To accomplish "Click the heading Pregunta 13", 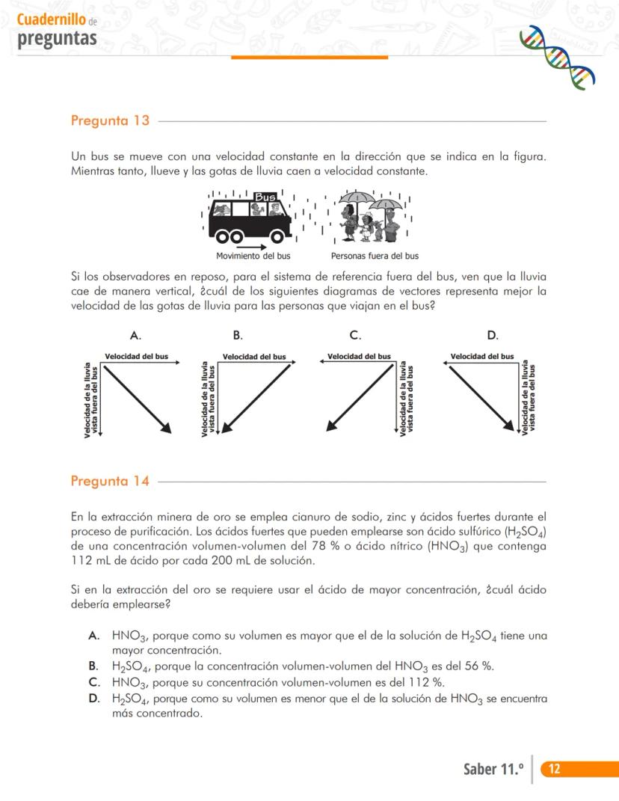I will click(110, 120).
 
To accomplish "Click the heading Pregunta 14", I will click(110, 481).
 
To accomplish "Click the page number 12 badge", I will click(555, 770).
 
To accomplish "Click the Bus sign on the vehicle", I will click(265, 197).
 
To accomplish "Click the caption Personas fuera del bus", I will click(375, 256).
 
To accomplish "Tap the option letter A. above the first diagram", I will click(136, 335).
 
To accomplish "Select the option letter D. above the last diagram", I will click(493, 335).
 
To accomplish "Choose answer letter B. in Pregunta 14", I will click(93, 666).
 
